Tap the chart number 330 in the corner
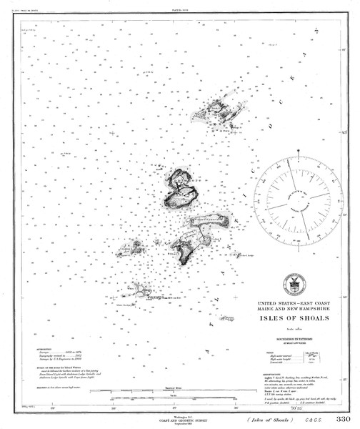(343, 419)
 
